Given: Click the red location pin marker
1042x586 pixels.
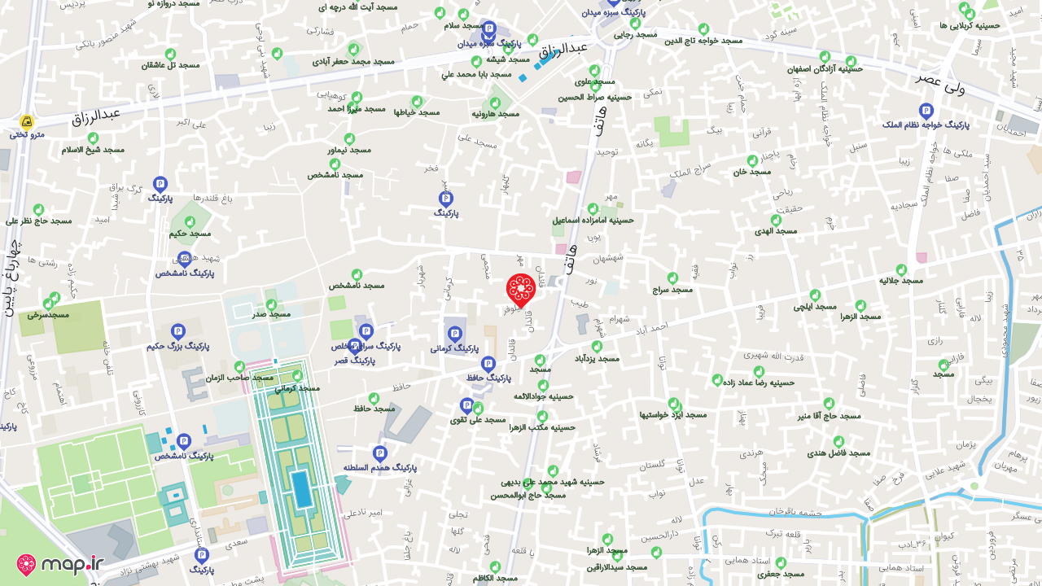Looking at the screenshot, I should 520,289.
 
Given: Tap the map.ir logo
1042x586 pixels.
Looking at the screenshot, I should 61,564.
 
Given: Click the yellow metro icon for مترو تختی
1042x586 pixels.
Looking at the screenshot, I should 27,122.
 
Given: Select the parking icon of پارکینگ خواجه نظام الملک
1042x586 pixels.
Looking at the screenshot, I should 926,111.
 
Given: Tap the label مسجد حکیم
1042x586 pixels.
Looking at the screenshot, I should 190,234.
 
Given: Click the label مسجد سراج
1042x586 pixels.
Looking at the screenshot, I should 672,290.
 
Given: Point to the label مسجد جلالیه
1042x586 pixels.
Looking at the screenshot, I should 900,281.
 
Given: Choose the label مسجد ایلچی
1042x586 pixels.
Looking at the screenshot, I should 815,307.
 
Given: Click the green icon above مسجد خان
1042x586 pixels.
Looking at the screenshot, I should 752,160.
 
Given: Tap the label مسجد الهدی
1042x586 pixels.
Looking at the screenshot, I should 775,231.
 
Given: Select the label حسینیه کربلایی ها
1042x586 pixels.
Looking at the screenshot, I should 970,25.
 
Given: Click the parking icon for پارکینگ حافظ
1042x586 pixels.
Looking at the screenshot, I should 488,364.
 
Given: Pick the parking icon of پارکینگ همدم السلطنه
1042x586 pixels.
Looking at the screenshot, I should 379,454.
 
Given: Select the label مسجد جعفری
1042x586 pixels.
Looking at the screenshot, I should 780,574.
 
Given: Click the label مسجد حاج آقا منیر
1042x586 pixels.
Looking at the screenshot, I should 829,416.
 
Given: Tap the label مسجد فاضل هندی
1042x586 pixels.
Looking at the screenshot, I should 838,453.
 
